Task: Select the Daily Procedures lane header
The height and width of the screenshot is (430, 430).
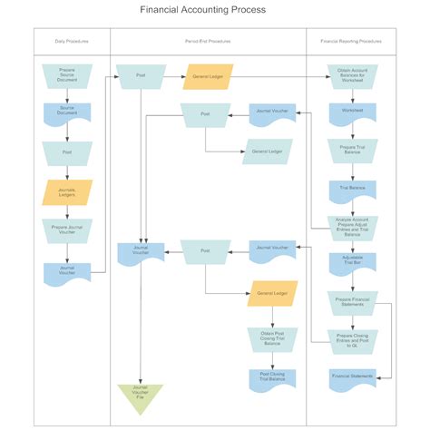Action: tap(72, 42)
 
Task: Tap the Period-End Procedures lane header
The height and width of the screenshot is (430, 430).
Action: tap(208, 42)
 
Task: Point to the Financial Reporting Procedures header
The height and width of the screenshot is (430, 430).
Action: tap(351, 42)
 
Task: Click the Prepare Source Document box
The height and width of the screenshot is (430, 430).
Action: tap(67, 74)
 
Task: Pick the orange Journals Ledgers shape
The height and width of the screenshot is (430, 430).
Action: tap(67, 192)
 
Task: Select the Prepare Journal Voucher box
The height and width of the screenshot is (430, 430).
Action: tap(67, 230)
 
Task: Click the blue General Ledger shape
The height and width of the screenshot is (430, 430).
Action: tap(266, 150)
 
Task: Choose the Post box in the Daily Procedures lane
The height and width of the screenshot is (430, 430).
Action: tap(67, 152)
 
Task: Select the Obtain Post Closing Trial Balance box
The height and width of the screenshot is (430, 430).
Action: tap(266, 339)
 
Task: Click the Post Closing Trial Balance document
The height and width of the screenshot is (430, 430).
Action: tap(266, 377)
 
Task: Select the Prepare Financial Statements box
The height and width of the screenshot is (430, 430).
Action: tap(352, 301)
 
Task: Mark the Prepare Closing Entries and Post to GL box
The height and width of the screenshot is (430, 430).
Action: tap(352, 339)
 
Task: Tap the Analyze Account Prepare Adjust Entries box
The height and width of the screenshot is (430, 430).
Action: tap(352, 226)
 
